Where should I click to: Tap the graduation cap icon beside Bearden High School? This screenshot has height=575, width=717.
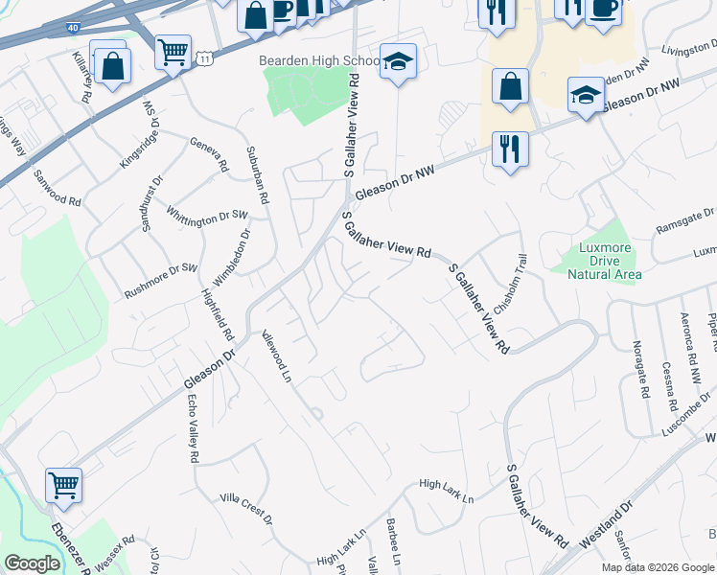[398, 62]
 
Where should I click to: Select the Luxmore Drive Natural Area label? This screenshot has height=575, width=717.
[605, 261]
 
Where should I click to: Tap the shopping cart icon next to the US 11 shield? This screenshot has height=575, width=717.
[173, 53]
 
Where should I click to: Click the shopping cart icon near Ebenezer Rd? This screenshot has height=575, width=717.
[63, 484]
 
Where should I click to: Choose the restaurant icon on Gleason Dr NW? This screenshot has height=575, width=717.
[509, 149]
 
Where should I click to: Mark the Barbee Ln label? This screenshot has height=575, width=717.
[393, 544]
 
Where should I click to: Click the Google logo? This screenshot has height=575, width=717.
[32, 563]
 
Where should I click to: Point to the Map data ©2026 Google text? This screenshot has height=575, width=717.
[657, 567]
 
